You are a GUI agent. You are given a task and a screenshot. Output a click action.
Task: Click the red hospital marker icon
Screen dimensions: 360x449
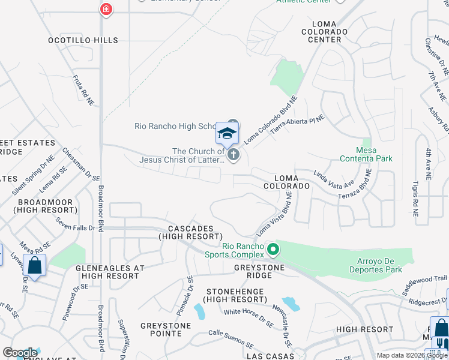[106, 10]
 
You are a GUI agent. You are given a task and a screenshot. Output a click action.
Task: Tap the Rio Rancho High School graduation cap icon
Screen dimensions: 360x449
[228, 134]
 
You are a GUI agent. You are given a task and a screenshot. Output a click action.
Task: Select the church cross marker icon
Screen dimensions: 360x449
[234, 155]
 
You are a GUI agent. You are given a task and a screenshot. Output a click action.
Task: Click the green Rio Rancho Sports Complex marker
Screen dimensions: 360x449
[273, 248]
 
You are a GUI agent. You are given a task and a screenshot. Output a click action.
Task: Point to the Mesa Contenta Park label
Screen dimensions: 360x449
[366, 154]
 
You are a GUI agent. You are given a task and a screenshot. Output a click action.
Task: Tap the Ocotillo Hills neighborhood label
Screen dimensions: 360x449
[83, 40]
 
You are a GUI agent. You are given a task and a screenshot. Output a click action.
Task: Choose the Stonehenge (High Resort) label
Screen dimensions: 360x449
[235, 295]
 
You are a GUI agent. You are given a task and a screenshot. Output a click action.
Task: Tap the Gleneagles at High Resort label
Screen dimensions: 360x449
[110, 272]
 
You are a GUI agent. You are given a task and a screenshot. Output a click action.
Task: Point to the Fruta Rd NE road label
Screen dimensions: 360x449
[83, 90]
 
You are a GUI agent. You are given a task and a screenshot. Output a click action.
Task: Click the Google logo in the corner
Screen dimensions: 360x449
[20, 353]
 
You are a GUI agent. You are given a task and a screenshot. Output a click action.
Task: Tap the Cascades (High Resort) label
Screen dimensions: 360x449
[191, 233]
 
